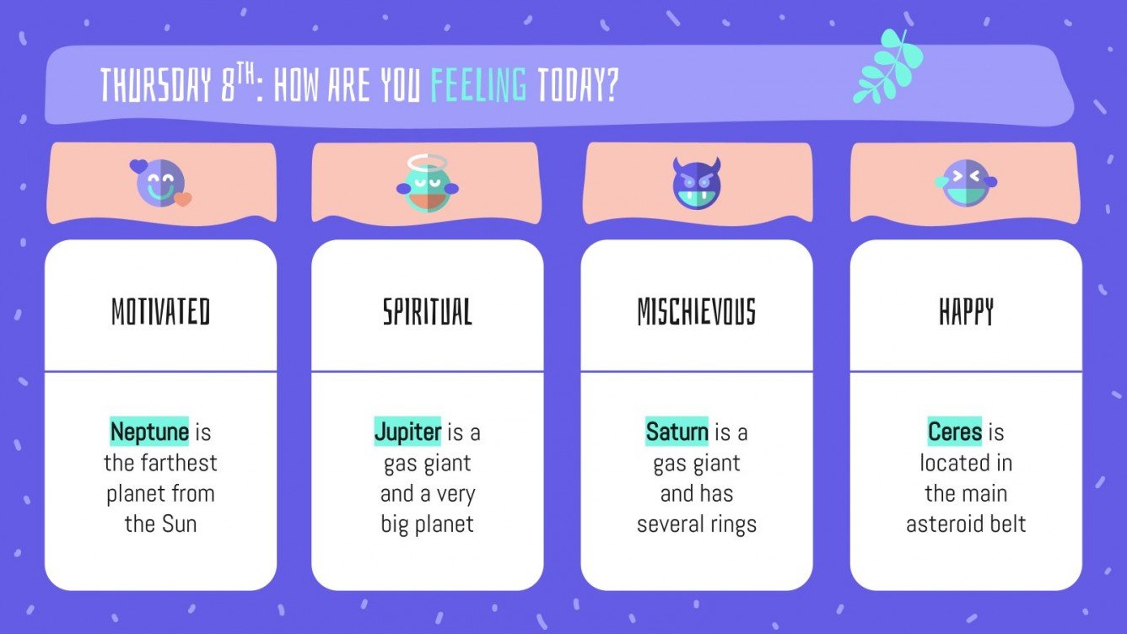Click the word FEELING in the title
click(478, 86)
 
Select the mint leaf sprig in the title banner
click(887, 67)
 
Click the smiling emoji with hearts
click(161, 183)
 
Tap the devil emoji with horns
click(696, 184)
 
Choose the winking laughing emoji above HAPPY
click(966, 183)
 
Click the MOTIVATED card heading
click(160, 312)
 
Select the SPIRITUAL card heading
click(427, 312)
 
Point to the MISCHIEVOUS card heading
click(696, 312)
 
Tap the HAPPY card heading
click(966, 312)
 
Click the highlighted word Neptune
click(149, 433)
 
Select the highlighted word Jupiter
click(407, 433)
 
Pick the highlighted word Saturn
click(677, 433)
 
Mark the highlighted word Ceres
click(955, 433)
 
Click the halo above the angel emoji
click(427, 162)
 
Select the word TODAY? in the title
click(578, 86)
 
